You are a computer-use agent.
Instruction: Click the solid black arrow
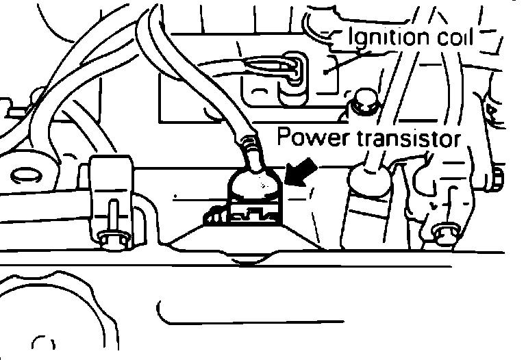pos(301,173)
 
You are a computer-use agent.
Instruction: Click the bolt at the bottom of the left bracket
pos(109,235)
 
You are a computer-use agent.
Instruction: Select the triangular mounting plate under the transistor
pos(239,243)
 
